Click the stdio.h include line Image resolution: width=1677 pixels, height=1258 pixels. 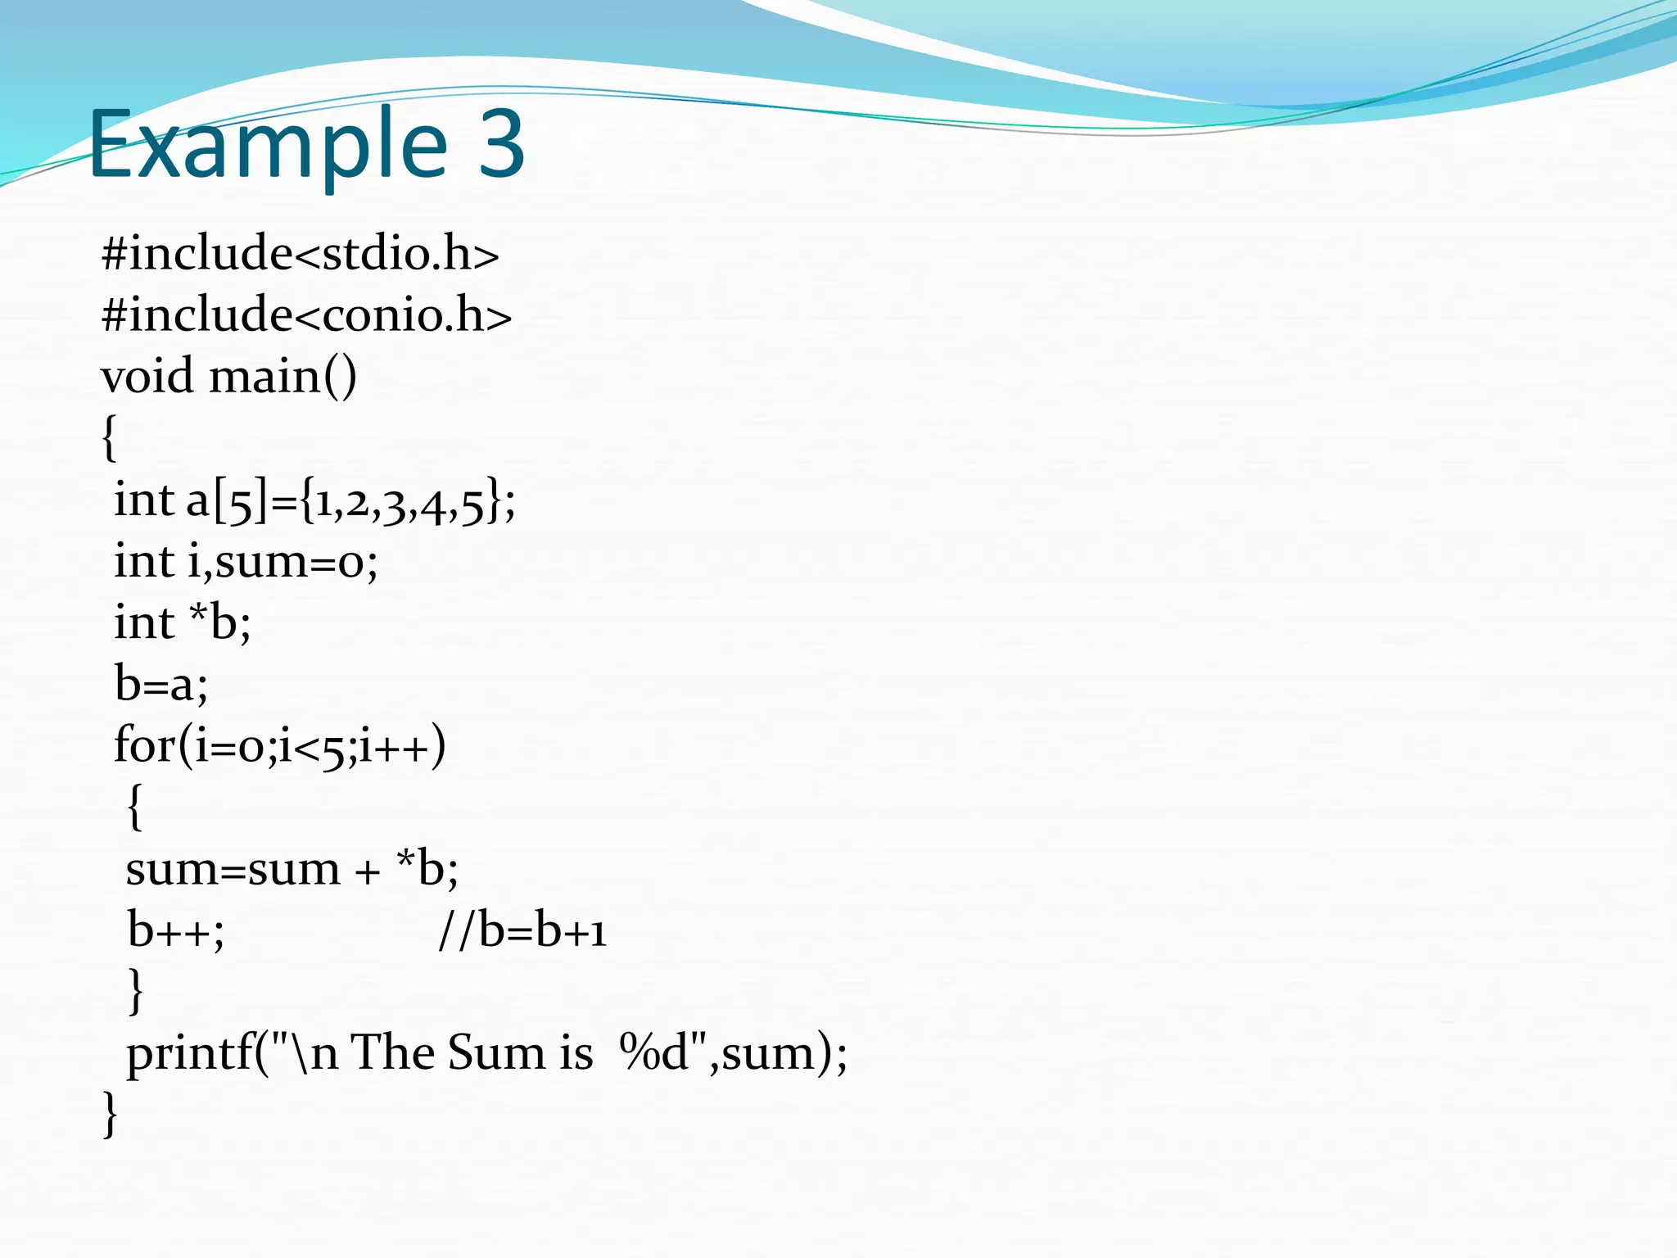coord(300,253)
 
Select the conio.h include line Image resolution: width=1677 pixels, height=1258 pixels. coord(306,314)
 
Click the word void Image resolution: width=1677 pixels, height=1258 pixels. coord(147,377)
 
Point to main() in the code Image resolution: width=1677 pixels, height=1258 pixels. coord(283,377)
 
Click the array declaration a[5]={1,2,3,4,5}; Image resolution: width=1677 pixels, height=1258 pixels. coord(350,500)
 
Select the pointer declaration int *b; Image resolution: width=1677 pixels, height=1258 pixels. coord(182,623)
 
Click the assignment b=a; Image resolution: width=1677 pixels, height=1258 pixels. coord(161,685)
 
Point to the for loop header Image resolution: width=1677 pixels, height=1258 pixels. coord(279,746)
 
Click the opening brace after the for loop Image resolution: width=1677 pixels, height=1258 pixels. coord(135,807)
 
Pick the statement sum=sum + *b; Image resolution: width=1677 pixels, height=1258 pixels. coord(292,869)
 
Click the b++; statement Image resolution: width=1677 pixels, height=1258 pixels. coord(175,930)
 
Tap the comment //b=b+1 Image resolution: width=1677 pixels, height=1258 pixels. coord(522,930)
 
